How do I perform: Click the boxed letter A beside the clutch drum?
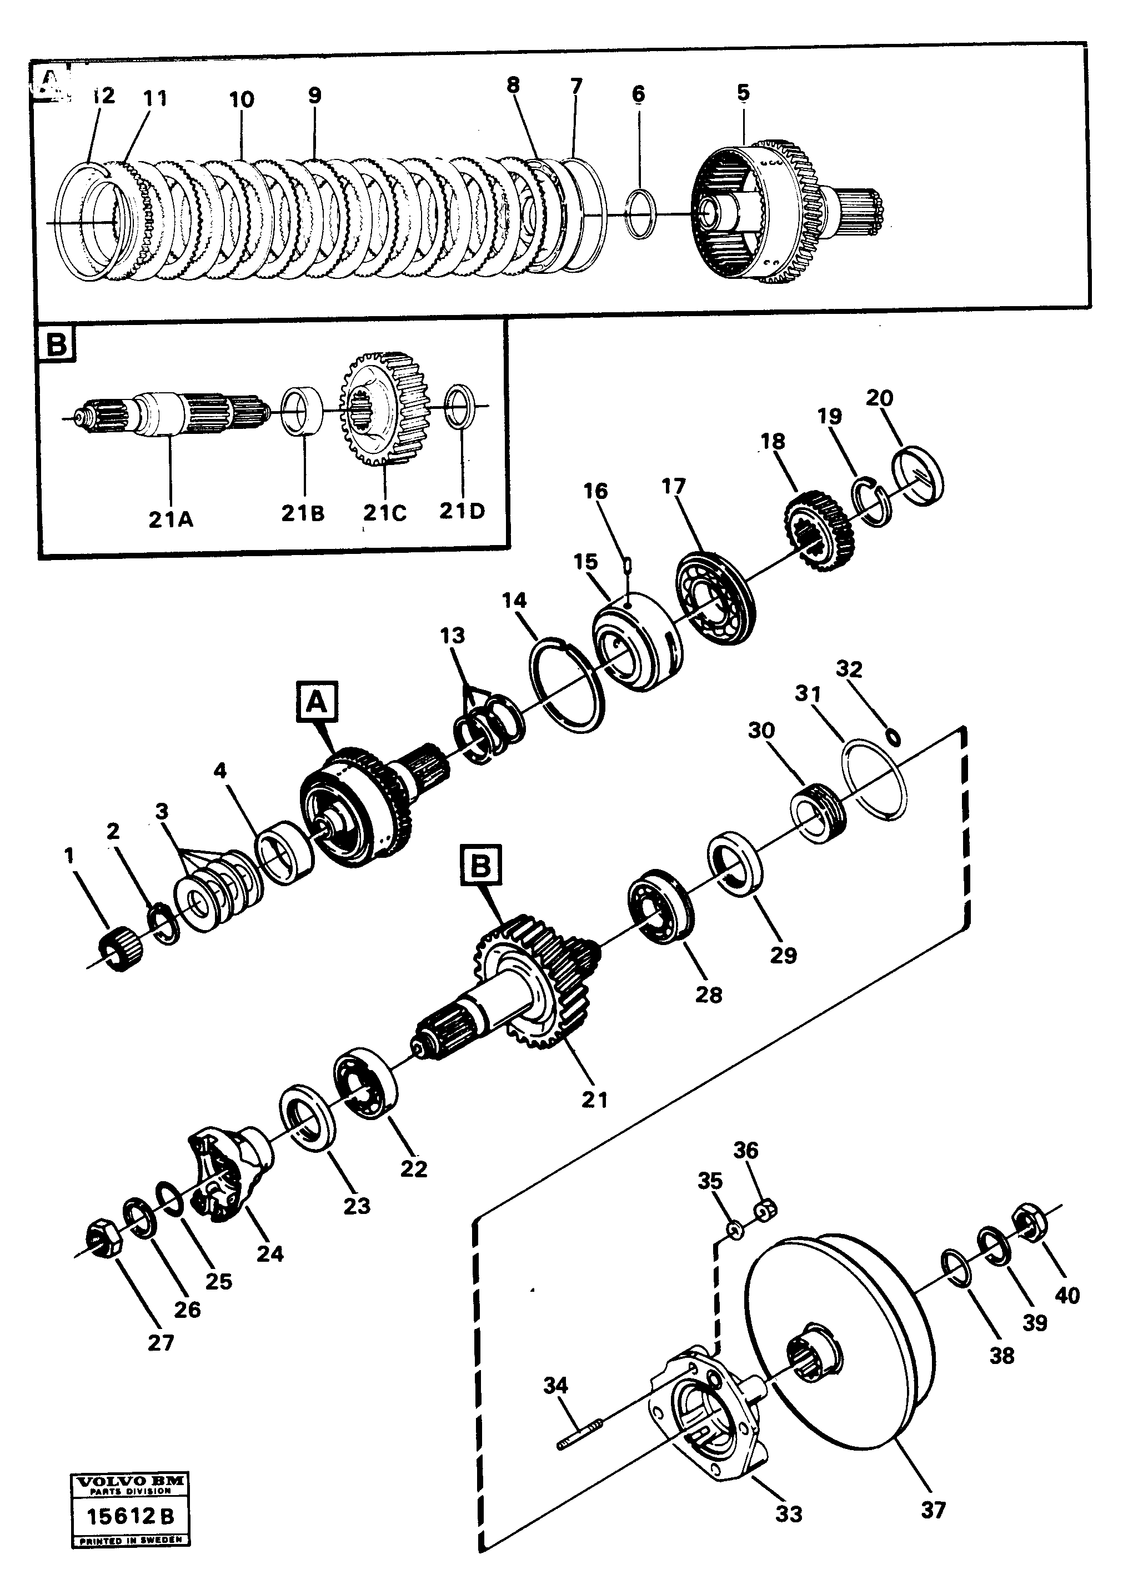318,701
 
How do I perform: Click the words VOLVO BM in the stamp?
130,1481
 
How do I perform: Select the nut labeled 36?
765,1211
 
